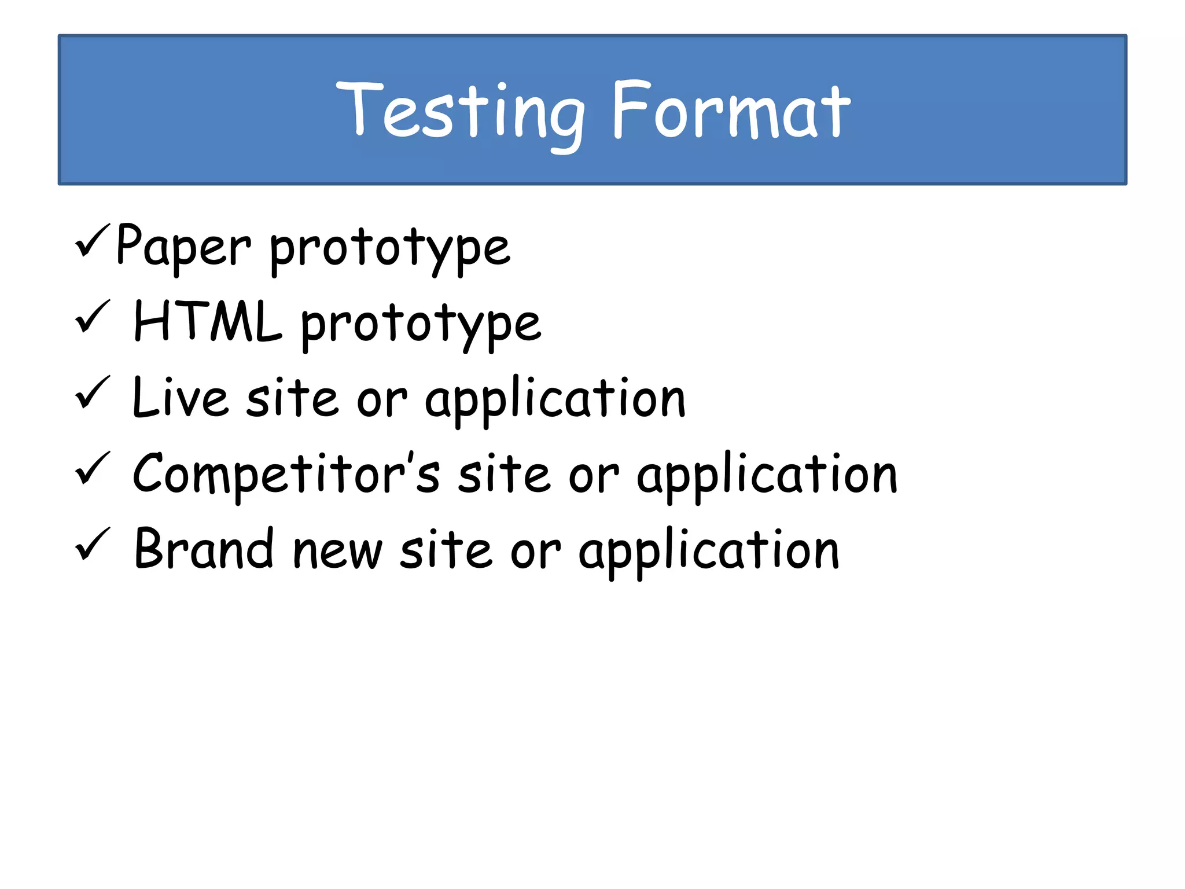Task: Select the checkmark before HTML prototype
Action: click(x=91, y=317)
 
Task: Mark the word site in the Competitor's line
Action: click(x=503, y=475)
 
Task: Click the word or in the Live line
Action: click(x=381, y=401)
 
